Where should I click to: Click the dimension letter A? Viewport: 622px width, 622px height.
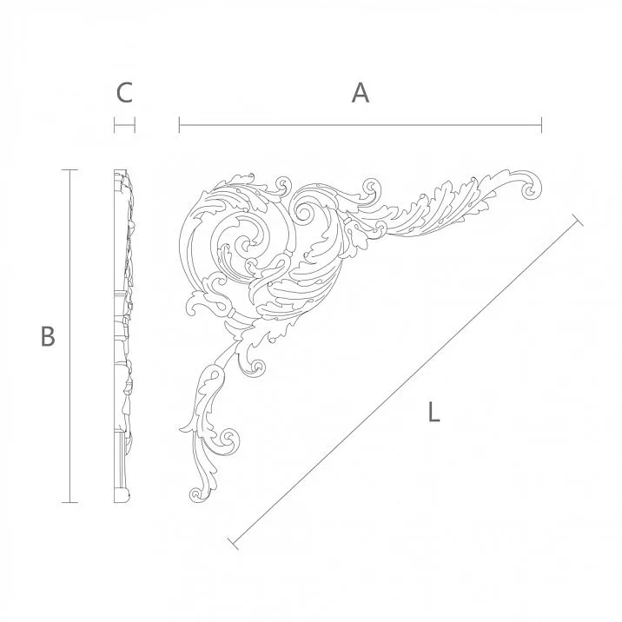pyautogui.click(x=360, y=93)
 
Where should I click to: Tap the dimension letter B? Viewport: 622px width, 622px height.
pyautogui.click(x=48, y=336)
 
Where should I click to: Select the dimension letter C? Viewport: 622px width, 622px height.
pyautogui.click(x=124, y=93)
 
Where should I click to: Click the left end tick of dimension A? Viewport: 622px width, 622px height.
pyautogui.click(x=179, y=127)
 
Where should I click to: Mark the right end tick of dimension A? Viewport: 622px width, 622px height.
pyautogui.click(x=541, y=127)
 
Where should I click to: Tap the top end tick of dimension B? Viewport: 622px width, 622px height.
pyautogui.click(x=70, y=169)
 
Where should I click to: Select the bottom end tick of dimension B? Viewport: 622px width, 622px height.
pyautogui.click(x=70, y=503)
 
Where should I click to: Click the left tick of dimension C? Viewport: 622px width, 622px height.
pyautogui.click(x=115, y=127)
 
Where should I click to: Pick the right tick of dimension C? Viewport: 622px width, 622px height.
pyautogui.click(x=135, y=127)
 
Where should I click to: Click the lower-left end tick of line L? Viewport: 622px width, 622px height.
pyautogui.click(x=232, y=544)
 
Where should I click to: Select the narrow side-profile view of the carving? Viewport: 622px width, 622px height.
pyautogui.click(x=124, y=336)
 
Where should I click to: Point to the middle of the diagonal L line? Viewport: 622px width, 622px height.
pyautogui.click(x=404, y=382)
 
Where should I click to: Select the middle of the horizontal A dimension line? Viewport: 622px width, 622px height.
pyautogui.click(x=360, y=127)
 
